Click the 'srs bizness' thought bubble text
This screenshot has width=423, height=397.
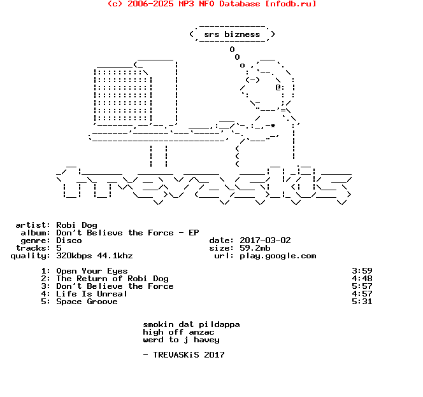click(x=232, y=34)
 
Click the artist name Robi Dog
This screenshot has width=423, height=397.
click(x=76, y=225)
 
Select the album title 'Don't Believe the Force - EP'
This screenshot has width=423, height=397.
click(x=127, y=233)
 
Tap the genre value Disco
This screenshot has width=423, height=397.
click(x=69, y=240)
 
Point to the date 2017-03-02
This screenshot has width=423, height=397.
click(x=265, y=240)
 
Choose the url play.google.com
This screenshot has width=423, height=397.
click(x=278, y=256)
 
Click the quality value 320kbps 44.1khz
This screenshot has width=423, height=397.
click(x=94, y=256)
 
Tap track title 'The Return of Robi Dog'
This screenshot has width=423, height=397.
click(x=112, y=279)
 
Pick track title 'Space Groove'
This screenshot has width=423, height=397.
click(x=87, y=302)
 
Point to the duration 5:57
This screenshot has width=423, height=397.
click(x=362, y=286)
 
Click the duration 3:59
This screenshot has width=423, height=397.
click(x=362, y=271)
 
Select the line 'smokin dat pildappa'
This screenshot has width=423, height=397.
click(x=191, y=324)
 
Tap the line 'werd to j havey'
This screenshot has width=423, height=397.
click(x=181, y=340)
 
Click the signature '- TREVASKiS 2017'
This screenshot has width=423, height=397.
click(x=183, y=355)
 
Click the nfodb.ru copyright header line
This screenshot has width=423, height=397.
click(x=211, y=4)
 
